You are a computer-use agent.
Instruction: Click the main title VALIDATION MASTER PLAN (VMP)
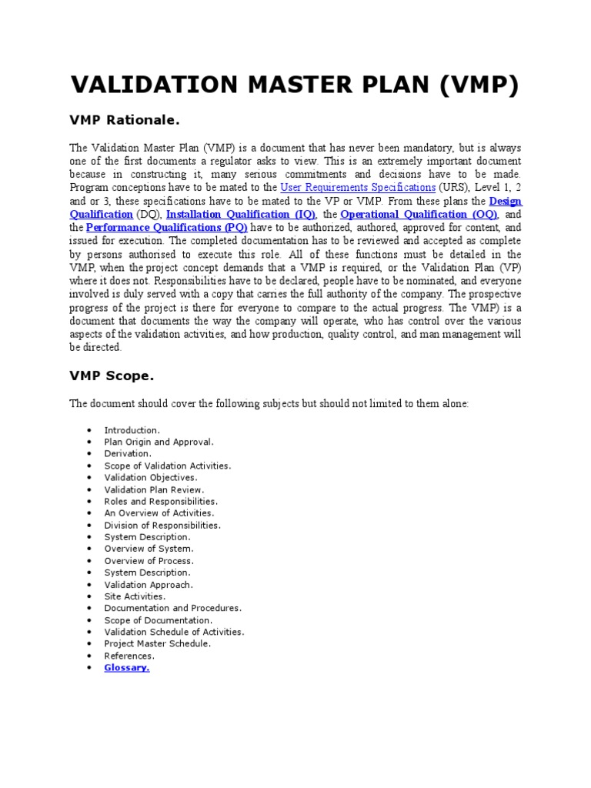[295, 86]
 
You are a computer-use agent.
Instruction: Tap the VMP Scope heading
[112, 376]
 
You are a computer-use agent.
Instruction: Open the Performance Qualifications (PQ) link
[166, 229]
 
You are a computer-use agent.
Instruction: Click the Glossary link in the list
[127, 668]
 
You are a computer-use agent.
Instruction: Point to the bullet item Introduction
[132, 430]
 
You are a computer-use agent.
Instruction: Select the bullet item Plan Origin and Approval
[159, 442]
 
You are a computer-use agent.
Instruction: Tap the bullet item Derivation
[128, 454]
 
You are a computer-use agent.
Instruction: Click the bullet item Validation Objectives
[151, 478]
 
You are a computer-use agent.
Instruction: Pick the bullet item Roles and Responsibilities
[161, 502]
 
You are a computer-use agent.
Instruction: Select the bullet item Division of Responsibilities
[162, 526]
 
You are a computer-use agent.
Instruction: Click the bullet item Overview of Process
[149, 561]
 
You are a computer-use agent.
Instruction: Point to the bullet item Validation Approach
[149, 585]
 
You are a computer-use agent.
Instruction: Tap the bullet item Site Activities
[135, 596]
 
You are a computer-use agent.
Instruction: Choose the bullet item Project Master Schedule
[158, 644]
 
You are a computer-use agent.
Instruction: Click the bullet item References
[129, 656]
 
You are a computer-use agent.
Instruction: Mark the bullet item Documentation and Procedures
[173, 608]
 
